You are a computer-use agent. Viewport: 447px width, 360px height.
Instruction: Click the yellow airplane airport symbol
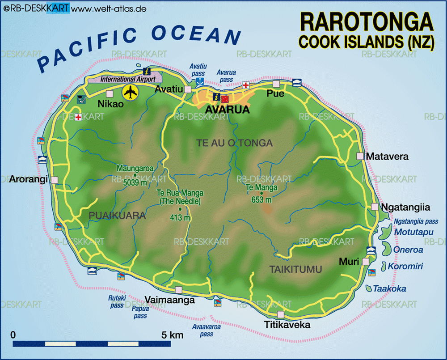pos(131,93)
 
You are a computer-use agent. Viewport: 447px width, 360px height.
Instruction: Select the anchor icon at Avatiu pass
pos(200,81)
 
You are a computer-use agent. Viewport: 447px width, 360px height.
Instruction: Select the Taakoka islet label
pos(390,289)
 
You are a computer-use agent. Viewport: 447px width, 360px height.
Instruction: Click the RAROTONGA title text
pos(366,22)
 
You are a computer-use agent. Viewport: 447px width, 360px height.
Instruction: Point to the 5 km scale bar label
pos(173,335)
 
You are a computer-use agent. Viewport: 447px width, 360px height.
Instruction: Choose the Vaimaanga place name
pos(170,300)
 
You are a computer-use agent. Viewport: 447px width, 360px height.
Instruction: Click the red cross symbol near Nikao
pos(79,117)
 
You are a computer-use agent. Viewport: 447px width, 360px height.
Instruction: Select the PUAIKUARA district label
pos(118,216)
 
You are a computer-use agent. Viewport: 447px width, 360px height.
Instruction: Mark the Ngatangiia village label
pos(405,207)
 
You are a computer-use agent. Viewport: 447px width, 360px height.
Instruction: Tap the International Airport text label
pos(128,79)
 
